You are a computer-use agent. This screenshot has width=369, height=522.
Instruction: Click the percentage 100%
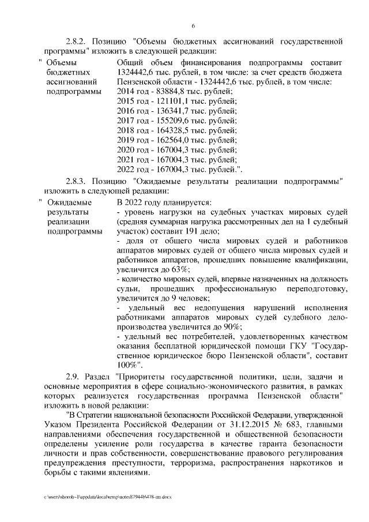pyautogui.click(x=126, y=365)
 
